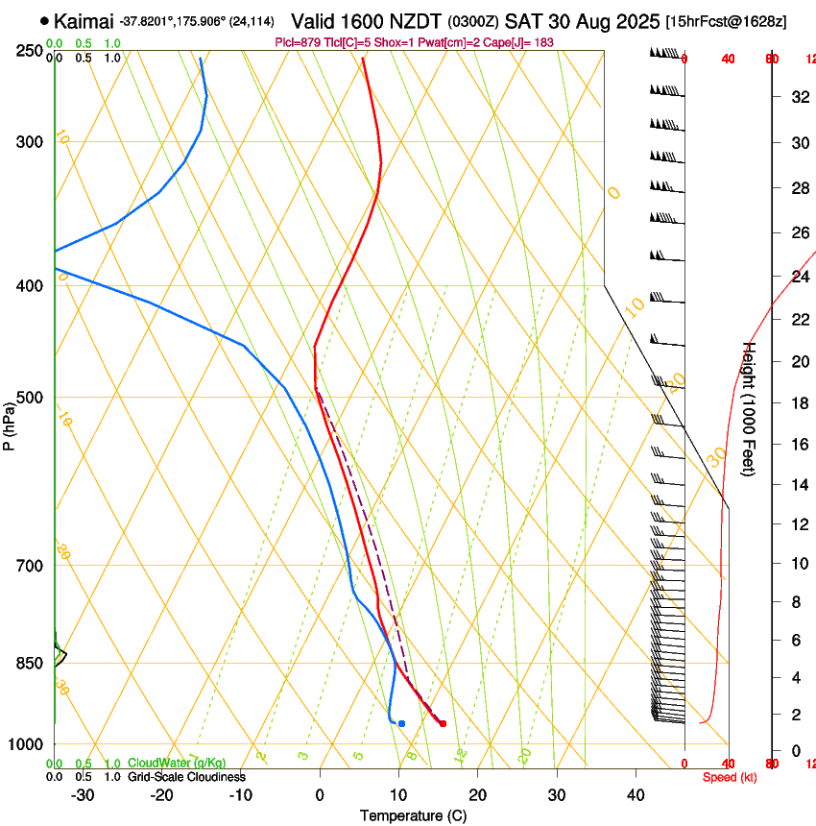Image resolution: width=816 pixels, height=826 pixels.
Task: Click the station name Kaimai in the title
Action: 84,21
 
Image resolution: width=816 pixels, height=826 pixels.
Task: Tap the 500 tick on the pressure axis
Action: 30,398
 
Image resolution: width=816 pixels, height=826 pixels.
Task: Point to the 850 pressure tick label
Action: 30,663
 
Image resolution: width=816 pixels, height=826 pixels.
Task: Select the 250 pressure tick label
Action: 30,50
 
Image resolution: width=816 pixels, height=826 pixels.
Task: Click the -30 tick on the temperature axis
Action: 83,794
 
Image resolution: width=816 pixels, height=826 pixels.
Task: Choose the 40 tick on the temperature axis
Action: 636,794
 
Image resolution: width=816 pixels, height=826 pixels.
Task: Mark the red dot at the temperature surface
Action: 443,723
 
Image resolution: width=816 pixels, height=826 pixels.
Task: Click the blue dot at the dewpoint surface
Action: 401,723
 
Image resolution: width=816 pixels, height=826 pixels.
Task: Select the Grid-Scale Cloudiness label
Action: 186,776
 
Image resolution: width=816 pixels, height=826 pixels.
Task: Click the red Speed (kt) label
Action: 729,776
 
